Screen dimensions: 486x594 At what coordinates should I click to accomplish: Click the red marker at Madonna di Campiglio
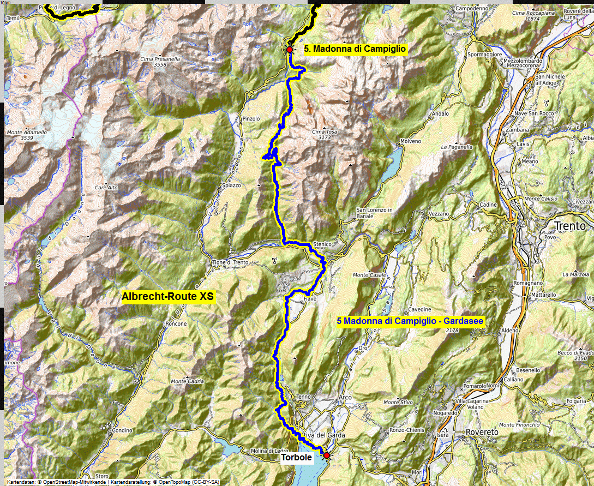[x=289, y=49]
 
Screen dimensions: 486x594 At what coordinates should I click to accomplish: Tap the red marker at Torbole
[x=327, y=455]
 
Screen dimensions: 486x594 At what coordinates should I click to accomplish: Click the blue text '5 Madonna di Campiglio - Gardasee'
[x=411, y=321]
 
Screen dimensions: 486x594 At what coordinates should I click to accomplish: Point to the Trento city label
[x=569, y=226]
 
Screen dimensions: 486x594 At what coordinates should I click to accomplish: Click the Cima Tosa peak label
[x=325, y=131]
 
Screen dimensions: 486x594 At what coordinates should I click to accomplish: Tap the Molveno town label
[x=411, y=141]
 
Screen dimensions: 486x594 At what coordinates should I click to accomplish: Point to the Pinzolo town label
[x=251, y=118]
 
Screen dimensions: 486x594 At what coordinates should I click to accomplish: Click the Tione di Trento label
[x=230, y=262]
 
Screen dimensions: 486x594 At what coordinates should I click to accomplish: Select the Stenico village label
[x=323, y=244]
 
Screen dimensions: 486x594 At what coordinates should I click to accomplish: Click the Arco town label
[x=344, y=397]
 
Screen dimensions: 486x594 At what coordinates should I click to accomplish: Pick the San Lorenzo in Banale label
[x=374, y=213]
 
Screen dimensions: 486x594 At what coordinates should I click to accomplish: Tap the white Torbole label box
[x=296, y=458]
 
